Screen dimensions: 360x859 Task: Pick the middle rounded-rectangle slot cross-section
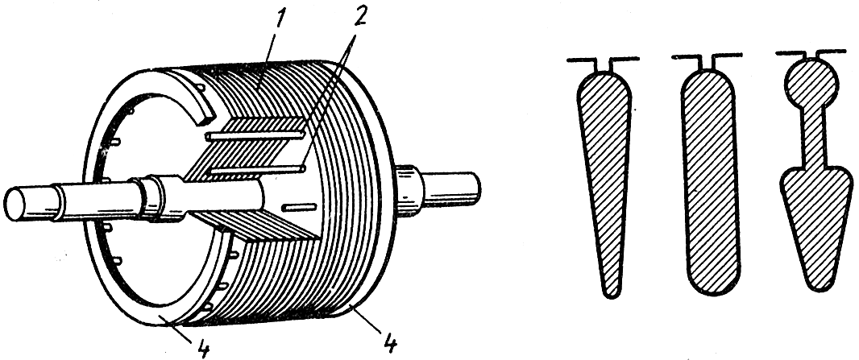click(710, 177)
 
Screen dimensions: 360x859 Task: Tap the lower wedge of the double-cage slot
click(811, 217)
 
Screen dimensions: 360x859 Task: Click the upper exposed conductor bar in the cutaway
click(254, 136)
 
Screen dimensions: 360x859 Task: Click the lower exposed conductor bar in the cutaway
click(254, 169)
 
